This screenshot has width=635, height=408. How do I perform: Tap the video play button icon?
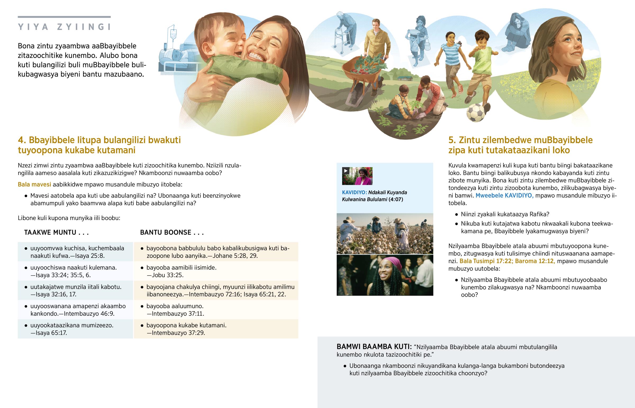click(x=346, y=171)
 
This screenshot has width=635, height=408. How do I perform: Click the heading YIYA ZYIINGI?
click(x=64, y=27)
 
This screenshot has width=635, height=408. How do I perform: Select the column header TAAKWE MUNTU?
click(x=56, y=232)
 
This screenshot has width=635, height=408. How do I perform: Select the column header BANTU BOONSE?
click(x=172, y=232)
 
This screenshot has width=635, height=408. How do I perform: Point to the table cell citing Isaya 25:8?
click(x=75, y=252)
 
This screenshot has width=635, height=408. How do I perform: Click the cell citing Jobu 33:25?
click(x=216, y=271)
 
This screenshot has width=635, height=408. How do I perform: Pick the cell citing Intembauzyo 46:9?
click(x=75, y=310)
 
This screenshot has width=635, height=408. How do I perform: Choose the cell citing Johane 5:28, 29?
click(x=216, y=252)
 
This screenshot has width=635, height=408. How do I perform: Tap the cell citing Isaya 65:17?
click(x=75, y=329)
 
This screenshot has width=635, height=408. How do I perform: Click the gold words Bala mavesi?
click(x=34, y=184)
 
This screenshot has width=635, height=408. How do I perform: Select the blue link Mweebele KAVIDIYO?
click(x=505, y=195)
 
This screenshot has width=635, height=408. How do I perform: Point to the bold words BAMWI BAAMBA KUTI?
click(x=374, y=347)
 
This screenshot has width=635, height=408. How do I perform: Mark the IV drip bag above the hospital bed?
click(x=173, y=34)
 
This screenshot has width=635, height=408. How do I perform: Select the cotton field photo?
click(x=385, y=234)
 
